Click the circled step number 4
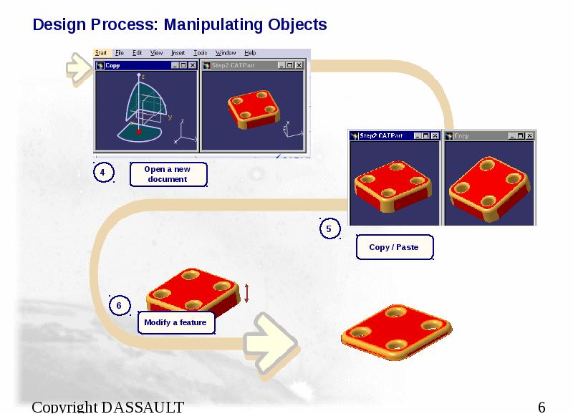coord(103,173)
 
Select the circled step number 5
coord(329,229)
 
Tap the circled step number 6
coord(119,306)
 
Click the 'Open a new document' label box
coord(168,174)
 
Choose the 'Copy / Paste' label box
coord(394,247)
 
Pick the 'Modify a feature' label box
coord(175,323)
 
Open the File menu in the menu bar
coord(120,53)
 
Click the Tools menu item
coord(201,53)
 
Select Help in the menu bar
coord(250,53)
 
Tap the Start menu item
coord(102,53)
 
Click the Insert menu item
coord(178,53)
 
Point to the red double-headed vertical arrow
coord(246,293)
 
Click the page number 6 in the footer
coord(541,408)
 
